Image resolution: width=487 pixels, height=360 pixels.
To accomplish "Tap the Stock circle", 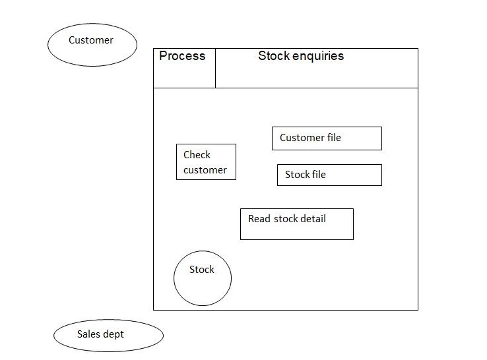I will pyautogui.click(x=203, y=279).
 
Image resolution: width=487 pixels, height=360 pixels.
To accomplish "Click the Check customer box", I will pyautogui.click(x=206, y=162).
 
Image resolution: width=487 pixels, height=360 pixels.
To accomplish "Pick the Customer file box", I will pyautogui.click(x=327, y=138).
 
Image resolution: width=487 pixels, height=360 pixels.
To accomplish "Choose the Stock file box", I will pyautogui.click(x=329, y=175).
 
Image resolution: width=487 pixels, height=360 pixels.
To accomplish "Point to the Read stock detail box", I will pyautogui.click(x=296, y=224).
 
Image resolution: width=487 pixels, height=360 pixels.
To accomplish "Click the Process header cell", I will pyautogui.click(x=184, y=68).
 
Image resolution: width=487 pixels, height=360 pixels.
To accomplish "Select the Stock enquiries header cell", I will pyautogui.click(x=316, y=68).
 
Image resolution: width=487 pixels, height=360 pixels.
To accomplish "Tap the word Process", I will pyautogui.click(x=182, y=56).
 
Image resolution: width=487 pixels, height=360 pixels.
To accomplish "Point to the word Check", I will pyautogui.click(x=197, y=155).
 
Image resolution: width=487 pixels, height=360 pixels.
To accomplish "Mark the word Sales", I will pyautogui.click(x=88, y=334).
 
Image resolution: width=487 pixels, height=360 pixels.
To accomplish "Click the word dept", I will pyautogui.click(x=114, y=334).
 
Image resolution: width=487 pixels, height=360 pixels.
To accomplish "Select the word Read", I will pyautogui.click(x=259, y=219).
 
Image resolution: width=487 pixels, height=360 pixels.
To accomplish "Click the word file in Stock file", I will pyautogui.click(x=319, y=175).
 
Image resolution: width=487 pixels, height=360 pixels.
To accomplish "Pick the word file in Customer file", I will pyautogui.click(x=334, y=138).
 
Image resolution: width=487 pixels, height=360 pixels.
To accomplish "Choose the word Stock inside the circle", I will pyautogui.click(x=202, y=270).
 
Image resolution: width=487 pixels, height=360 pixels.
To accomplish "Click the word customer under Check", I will pyautogui.click(x=205, y=170).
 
